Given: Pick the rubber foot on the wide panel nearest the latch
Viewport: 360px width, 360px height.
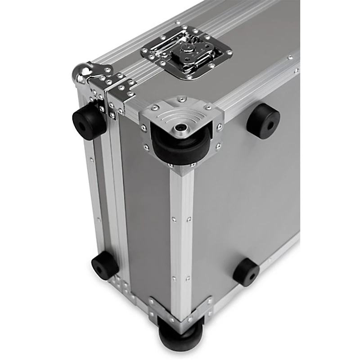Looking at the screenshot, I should click(x=263, y=120).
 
